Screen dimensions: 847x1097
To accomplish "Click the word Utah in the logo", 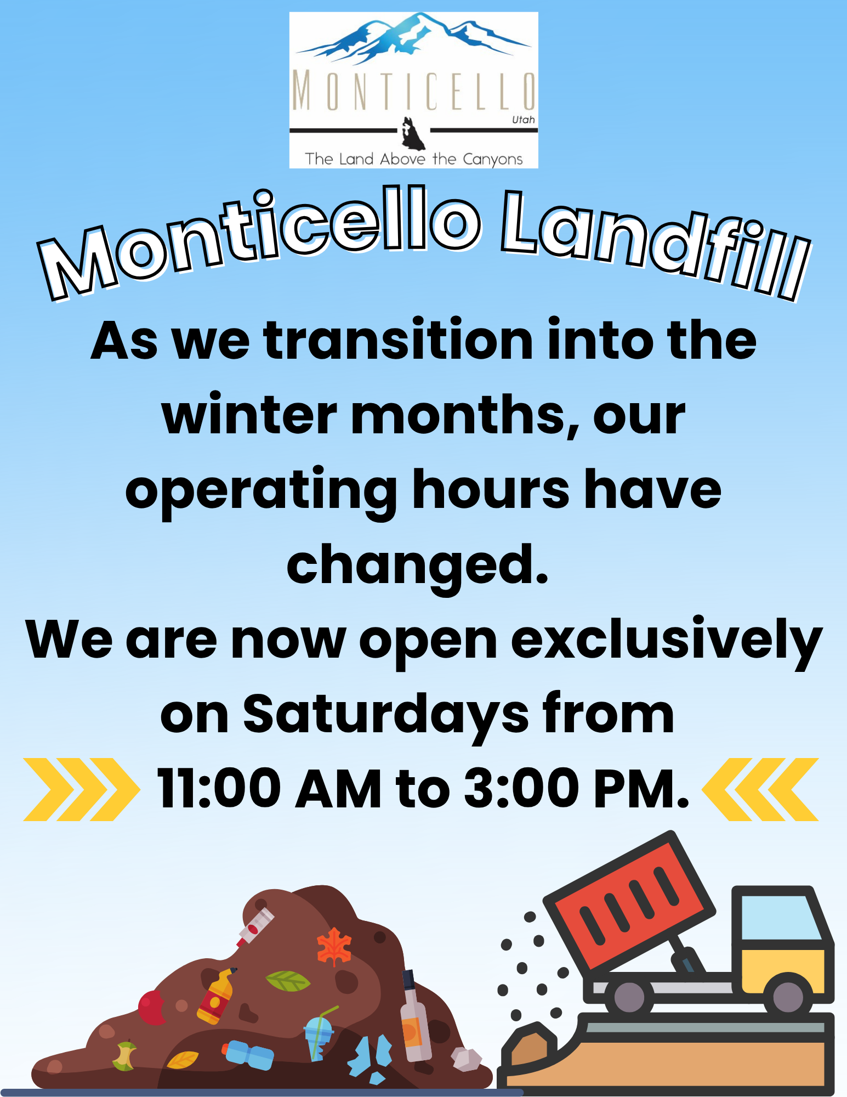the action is [523, 120].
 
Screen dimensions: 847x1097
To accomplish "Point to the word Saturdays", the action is [386, 716].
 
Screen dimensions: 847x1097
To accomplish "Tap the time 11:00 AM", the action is [269, 789].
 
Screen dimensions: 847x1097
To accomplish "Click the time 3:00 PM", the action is [576, 789].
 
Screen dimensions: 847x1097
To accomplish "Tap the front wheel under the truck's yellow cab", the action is [787, 996].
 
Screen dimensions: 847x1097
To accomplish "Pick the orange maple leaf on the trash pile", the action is [334, 946].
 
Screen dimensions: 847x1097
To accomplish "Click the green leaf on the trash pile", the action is [287, 980].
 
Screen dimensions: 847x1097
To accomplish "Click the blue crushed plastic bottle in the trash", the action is [248, 1054].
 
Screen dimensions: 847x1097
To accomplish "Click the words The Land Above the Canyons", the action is [414, 159].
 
